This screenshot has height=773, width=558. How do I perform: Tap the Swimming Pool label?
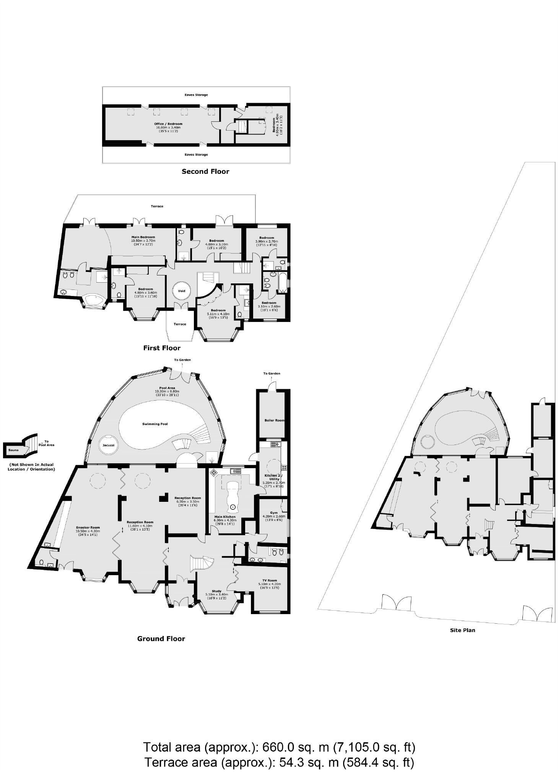tap(155, 424)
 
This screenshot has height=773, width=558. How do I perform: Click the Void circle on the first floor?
tap(182, 291)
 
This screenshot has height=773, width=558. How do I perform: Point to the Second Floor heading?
tap(205, 171)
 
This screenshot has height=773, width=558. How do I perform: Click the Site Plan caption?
tap(462, 630)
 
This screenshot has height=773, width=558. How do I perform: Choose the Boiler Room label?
tap(274, 420)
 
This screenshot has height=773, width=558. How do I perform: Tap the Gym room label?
tap(273, 513)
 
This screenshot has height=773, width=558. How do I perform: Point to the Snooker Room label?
tap(88, 527)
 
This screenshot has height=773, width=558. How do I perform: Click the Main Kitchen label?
tap(225, 517)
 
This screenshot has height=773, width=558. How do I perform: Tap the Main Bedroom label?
tap(143, 237)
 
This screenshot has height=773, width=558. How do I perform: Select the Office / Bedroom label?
tap(168, 124)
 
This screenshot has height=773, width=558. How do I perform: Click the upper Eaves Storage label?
tap(196, 95)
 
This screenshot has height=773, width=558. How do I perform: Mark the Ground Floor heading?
tap(161, 639)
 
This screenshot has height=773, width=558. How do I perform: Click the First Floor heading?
tap(162, 348)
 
